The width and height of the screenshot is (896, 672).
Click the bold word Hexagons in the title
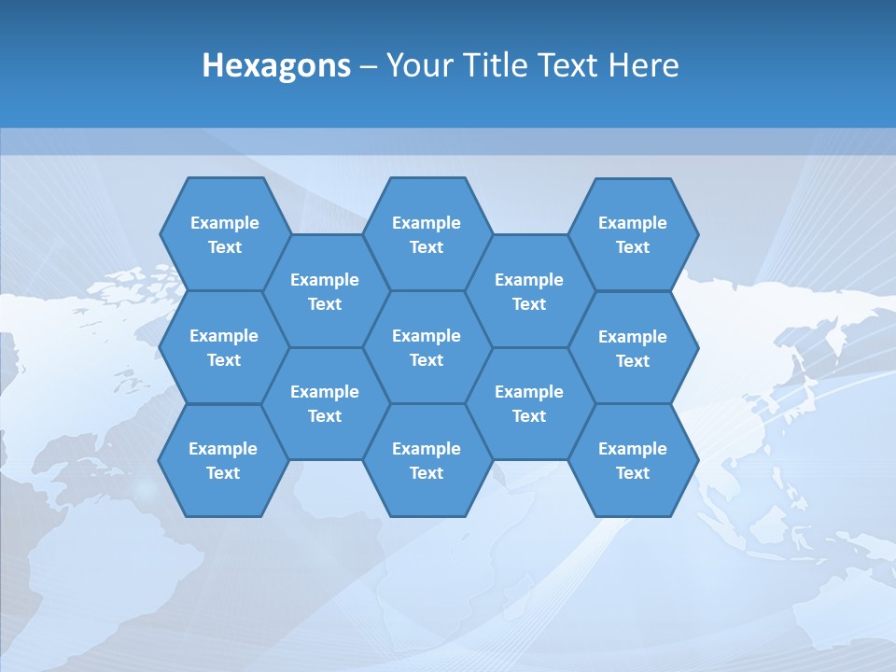click(x=276, y=65)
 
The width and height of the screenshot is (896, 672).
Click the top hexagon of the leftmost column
click(x=224, y=234)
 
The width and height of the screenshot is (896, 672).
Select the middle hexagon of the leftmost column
click(x=224, y=347)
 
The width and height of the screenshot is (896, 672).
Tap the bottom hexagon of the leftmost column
click(x=223, y=460)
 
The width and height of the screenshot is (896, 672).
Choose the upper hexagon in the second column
click(x=325, y=291)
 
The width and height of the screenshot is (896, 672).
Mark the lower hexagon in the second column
click(x=325, y=403)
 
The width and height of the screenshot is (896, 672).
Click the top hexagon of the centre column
click(x=427, y=234)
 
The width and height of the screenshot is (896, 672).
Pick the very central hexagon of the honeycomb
click(x=427, y=347)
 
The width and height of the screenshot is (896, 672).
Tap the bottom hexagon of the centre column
click(x=427, y=460)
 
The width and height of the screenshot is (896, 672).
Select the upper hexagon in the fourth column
click(x=529, y=291)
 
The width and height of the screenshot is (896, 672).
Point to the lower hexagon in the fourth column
click(x=529, y=403)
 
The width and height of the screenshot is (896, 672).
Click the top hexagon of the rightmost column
click(x=633, y=234)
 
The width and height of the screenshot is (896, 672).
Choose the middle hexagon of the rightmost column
click(x=633, y=348)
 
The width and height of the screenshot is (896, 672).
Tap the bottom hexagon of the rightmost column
click(x=633, y=460)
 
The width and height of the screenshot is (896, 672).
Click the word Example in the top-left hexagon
click(x=224, y=223)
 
